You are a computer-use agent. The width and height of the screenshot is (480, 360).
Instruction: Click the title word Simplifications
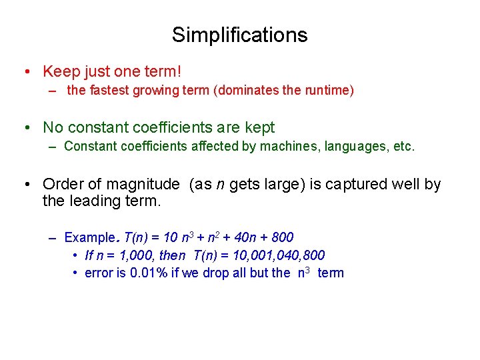(239, 35)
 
